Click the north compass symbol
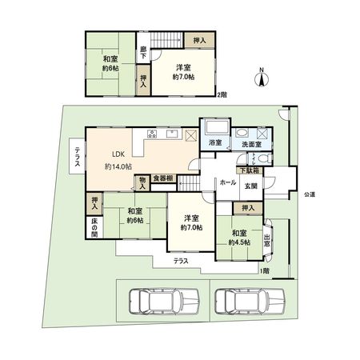pos(262,77)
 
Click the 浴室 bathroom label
pos(215,143)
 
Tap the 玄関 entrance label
pos(250,186)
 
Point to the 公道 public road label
pos(308,194)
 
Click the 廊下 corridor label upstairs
pos(142,52)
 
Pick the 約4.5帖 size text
pos(238,242)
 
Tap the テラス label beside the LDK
pos(77,154)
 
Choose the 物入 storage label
pos(142,183)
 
